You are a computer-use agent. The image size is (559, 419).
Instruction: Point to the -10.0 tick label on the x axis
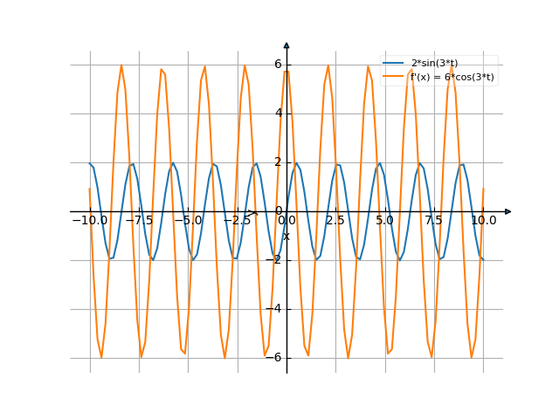pyautogui.click(x=90, y=221)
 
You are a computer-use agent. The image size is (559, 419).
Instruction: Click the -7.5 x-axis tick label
pyautogui.click(x=139, y=221)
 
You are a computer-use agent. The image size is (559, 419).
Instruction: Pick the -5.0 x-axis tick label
pyautogui.click(x=188, y=221)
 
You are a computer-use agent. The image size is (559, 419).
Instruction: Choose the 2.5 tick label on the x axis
pyautogui.click(x=335, y=221)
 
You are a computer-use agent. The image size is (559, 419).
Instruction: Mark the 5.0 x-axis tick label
pyautogui.click(x=384, y=221)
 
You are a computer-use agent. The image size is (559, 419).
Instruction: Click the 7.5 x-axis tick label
pyautogui.click(x=434, y=221)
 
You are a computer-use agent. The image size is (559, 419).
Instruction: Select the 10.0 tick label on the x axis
pyautogui.click(x=483, y=221)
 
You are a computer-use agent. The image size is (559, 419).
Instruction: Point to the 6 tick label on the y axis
pyautogui.click(x=278, y=64)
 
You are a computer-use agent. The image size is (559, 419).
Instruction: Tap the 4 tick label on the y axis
pyautogui.click(x=278, y=113)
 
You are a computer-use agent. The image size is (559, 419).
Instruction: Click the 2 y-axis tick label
pyautogui.click(x=278, y=162)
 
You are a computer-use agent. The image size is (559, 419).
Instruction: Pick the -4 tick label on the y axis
pyautogui.click(x=274, y=309)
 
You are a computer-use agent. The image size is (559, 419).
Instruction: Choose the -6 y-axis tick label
pyautogui.click(x=274, y=358)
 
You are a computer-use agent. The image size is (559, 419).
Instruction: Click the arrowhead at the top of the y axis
pyautogui.click(x=286, y=45)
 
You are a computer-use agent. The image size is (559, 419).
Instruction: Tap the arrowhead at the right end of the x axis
pyautogui.click(x=508, y=211)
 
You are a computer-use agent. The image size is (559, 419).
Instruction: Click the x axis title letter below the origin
pyautogui.click(x=286, y=235)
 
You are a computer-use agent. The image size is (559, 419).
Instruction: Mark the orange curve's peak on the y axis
pyautogui.click(x=286, y=69)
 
